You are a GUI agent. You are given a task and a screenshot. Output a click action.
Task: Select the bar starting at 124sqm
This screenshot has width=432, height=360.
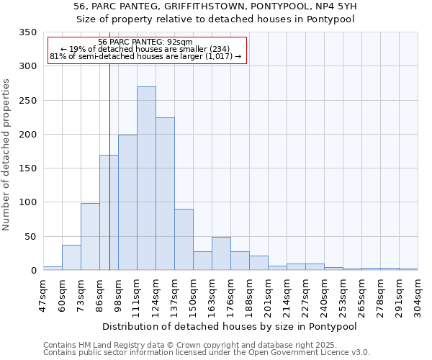(x=165, y=194)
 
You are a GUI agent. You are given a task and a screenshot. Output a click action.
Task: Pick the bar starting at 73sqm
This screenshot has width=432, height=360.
(x=90, y=237)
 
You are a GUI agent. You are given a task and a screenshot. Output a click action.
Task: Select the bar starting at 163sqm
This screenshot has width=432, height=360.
(x=221, y=254)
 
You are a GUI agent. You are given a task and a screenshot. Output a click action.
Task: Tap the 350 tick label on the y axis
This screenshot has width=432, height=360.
(x=27, y=32)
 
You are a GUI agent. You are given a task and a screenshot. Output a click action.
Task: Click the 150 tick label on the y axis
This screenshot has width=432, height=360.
(x=27, y=168)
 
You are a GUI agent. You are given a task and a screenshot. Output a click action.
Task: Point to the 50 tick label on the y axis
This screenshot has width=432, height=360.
(x=30, y=237)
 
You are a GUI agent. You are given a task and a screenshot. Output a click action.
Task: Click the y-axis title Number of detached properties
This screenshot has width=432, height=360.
(x=6, y=156)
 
